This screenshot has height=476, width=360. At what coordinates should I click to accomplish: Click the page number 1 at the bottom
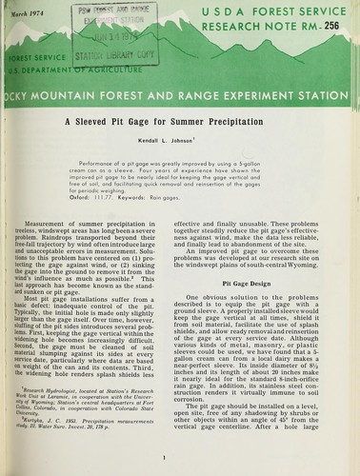pyautogui.click(x=164, y=457)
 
